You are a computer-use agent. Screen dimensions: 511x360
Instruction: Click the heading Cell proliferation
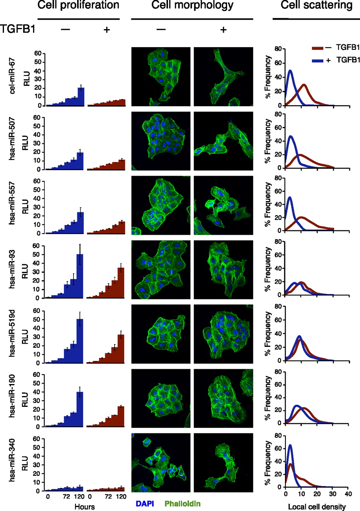click(x=78, y=6)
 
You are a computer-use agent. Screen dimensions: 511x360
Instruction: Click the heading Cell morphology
click(x=192, y=6)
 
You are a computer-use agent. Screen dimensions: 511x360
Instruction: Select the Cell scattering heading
click(x=316, y=6)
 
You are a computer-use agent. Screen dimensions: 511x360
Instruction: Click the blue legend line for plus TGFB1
click(x=317, y=60)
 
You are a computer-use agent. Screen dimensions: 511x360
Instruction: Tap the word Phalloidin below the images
click(x=182, y=503)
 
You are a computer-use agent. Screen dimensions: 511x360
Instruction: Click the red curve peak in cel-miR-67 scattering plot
click(x=304, y=85)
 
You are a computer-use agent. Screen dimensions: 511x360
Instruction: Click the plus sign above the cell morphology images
click(x=223, y=30)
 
